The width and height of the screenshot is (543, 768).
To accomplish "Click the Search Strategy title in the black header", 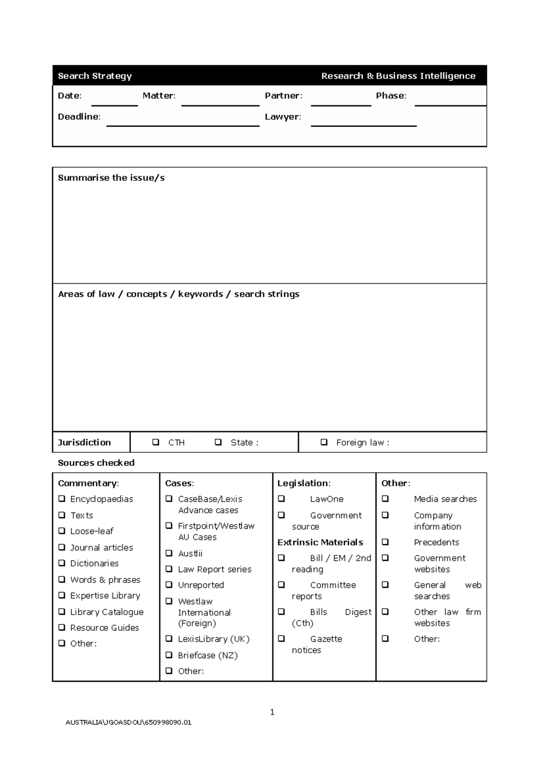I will [x=95, y=76].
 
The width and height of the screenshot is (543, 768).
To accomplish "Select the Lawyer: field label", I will [x=282, y=117].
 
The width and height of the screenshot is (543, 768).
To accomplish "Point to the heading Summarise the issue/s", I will [x=111, y=178].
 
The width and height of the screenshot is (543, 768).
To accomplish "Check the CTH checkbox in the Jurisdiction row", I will [x=156, y=442].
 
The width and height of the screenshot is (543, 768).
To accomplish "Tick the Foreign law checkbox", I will [x=324, y=442].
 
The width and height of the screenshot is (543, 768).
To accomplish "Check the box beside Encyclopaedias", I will [x=62, y=498].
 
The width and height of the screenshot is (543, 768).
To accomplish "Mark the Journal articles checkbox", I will [x=62, y=547].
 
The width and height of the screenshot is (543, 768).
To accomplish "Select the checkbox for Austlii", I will [x=169, y=553].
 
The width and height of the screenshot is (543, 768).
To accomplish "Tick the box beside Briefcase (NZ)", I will [x=169, y=654].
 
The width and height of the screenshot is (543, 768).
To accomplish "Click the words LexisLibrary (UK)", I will [x=214, y=639].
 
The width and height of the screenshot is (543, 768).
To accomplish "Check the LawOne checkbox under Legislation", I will [x=281, y=498].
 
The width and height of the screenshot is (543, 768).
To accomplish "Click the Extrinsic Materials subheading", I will [x=320, y=542].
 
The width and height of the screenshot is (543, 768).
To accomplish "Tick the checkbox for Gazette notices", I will [x=281, y=639].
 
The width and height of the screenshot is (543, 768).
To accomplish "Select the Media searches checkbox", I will [x=385, y=498].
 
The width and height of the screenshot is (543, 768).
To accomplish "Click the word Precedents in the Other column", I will [x=436, y=542].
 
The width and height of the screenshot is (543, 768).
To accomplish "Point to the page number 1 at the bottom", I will [x=272, y=712].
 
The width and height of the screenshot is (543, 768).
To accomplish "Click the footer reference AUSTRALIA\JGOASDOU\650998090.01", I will [x=129, y=722].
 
